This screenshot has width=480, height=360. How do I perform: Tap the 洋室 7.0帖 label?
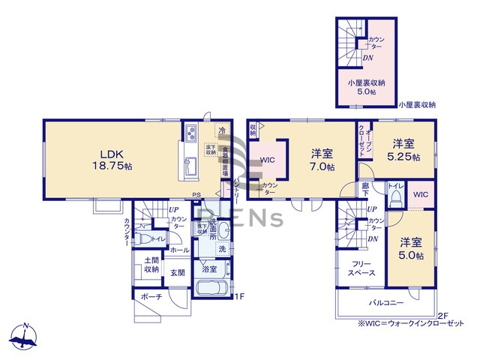pos(323,160)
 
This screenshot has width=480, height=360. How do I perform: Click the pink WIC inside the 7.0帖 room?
pos(268,160)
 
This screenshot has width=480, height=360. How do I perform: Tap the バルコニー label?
pos(385,302)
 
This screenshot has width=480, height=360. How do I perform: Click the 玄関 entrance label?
pos(177,273)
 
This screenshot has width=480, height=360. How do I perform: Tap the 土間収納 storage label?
pos(151,265)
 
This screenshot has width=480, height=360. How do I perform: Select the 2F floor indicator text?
pos(442,316)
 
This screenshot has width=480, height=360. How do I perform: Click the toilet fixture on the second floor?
pos(394,196)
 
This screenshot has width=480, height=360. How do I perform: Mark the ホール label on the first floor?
pos(179,250)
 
